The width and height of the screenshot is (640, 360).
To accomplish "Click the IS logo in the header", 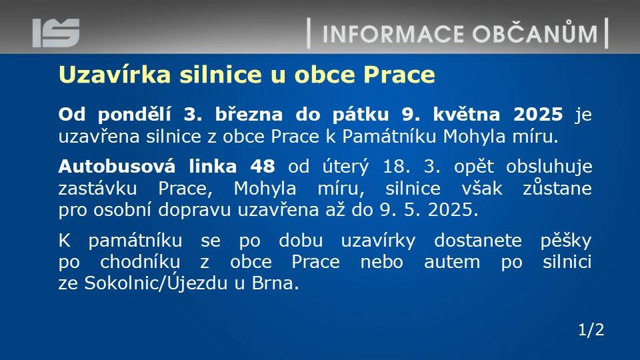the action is tap(56, 33).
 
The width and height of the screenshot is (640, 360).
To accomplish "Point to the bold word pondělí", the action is tap(134, 114).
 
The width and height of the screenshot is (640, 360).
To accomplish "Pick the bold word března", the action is tap(249, 114).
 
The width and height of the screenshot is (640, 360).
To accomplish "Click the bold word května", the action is tap(466, 114).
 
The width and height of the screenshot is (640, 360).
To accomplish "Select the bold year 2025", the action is tap(538, 114).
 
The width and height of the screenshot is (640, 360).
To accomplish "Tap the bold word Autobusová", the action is tap(117, 166).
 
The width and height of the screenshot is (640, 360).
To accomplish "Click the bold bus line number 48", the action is tap(263, 167).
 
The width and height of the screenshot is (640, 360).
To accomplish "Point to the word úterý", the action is tap(345, 167).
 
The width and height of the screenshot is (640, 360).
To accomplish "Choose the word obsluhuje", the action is tap(549, 167).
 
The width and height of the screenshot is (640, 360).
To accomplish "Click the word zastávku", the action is tap(97, 189).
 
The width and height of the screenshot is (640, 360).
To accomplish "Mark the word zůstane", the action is tap(557, 188).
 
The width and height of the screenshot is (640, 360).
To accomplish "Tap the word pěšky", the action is tap(566, 240).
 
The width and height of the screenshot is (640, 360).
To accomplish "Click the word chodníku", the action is tap(140, 261).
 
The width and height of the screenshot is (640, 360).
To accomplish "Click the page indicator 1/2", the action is tap(591, 329).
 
